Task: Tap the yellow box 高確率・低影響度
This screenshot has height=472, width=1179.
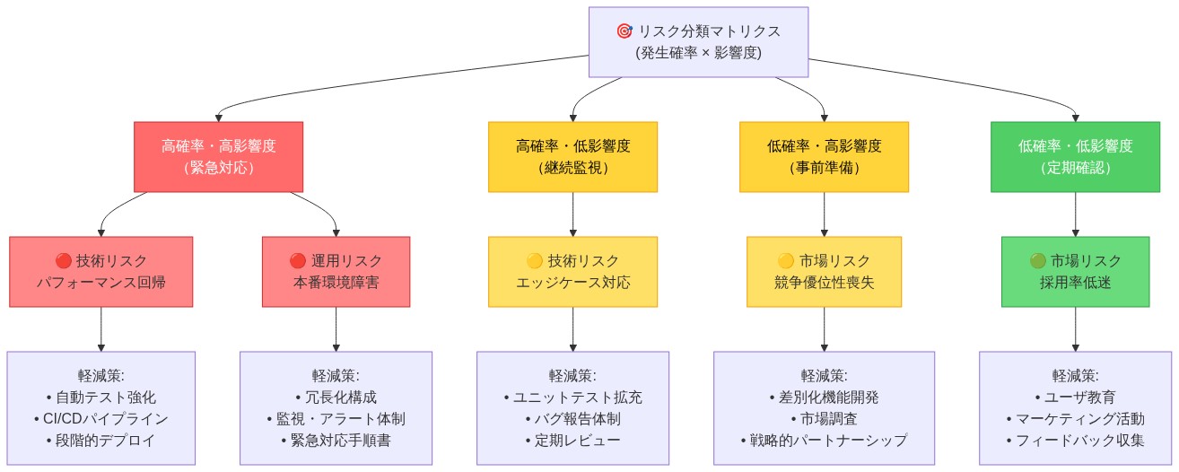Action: pyautogui.click(x=572, y=157)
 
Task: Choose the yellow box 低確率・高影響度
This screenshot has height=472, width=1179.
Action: pyautogui.click(x=824, y=157)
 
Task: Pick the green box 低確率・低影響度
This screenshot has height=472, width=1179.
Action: pyautogui.click(x=1075, y=157)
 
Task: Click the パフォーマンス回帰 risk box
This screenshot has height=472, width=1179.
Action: pyautogui.click(x=100, y=272)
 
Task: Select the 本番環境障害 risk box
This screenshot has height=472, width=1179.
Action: pyautogui.click(x=336, y=272)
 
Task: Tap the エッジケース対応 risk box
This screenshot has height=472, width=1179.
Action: pyautogui.click(x=572, y=272)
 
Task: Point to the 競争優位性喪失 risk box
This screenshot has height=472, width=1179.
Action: pyautogui.click(x=824, y=272)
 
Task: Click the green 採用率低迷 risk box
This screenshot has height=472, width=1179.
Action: pyautogui.click(x=1075, y=272)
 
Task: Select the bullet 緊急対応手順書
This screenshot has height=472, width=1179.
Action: pyautogui.click(x=336, y=441)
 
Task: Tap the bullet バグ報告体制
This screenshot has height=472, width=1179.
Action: pyautogui.click(x=572, y=419)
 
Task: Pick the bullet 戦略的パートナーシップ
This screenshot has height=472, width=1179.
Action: pyautogui.click(x=824, y=441)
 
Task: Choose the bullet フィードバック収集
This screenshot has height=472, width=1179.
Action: pyautogui.click(x=1075, y=441)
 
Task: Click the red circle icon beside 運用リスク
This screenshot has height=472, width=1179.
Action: pyautogui.click(x=298, y=261)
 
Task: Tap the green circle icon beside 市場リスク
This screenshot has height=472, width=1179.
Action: pyautogui.click(x=1037, y=261)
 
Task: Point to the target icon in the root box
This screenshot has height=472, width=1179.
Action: pyautogui.click(x=624, y=31)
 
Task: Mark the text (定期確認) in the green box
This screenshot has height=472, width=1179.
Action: pyautogui.click(x=1075, y=168)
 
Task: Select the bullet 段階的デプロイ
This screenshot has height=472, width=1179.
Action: pyautogui.click(x=100, y=441)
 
